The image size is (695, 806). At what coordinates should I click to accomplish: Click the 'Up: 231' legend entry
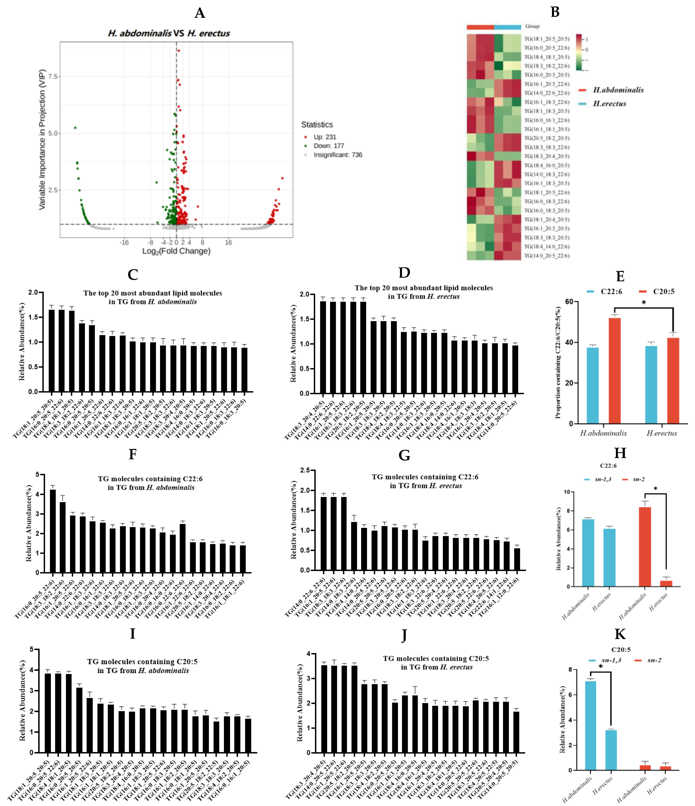tap(324, 137)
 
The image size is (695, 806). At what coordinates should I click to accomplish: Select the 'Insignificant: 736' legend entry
tap(337, 155)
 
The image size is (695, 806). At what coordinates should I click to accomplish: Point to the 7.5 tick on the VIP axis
tap(53, 76)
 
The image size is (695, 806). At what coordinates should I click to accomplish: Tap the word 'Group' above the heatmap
tap(532, 26)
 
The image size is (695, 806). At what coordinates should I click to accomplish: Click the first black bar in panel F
tap(53, 531)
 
